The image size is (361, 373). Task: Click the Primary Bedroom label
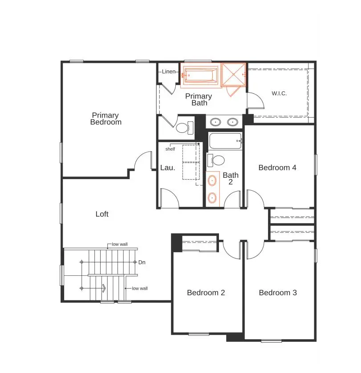pyautogui.click(x=105, y=119)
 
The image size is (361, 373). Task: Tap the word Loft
pyautogui.click(x=102, y=214)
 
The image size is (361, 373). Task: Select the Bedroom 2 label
pyautogui.click(x=206, y=293)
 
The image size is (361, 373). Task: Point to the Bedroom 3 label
pyautogui.click(x=278, y=293)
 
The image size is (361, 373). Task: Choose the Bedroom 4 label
pyautogui.click(x=277, y=168)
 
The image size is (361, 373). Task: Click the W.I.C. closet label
pyautogui.click(x=279, y=94)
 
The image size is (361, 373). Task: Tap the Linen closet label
pyautogui.click(x=169, y=72)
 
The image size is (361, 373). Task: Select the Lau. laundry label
pyautogui.click(x=167, y=168)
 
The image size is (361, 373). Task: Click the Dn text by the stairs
pyautogui.click(x=142, y=262)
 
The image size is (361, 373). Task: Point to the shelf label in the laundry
pyautogui.click(x=170, y=149)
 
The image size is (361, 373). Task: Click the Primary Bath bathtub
pyautogui.click(x=201, y=75)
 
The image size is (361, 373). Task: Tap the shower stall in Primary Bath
pyautogui.click(x=234, y=74)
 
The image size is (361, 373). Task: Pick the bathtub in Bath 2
pyautogui.click(x=225, y=141)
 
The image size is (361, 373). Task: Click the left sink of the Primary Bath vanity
pyautogui.click(x=215, y=121)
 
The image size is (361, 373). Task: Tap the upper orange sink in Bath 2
pyautogui.click(x=213, y=180)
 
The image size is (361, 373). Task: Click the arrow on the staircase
pyautogui.click(x=103, y=288)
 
